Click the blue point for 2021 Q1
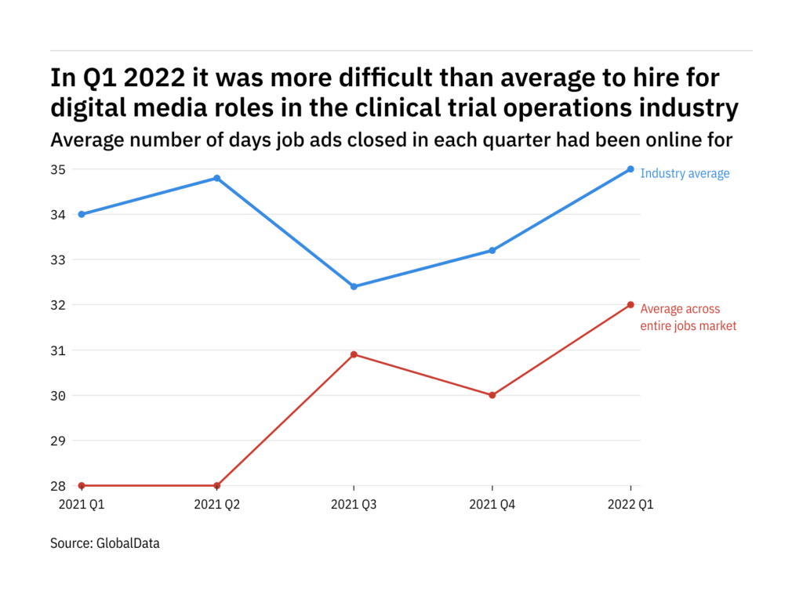(x=82, y=214)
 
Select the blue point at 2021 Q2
(x=216, y=178)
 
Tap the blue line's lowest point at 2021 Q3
(x=354, y=286)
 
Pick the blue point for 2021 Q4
(x=492, y=250)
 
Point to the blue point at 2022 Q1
(x=630, y=169)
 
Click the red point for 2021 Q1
(x=82, y=485)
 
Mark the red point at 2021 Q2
(x=216, y=485)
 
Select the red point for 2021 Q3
(x=354, y=354)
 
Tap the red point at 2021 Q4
(x=492, y=395)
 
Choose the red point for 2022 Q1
(x=630, y=304)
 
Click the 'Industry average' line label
(x=685, y=173)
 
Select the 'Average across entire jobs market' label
(x=688, y=317)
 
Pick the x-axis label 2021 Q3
(x=354, y=506)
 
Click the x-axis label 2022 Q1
(x=630, y=506)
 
